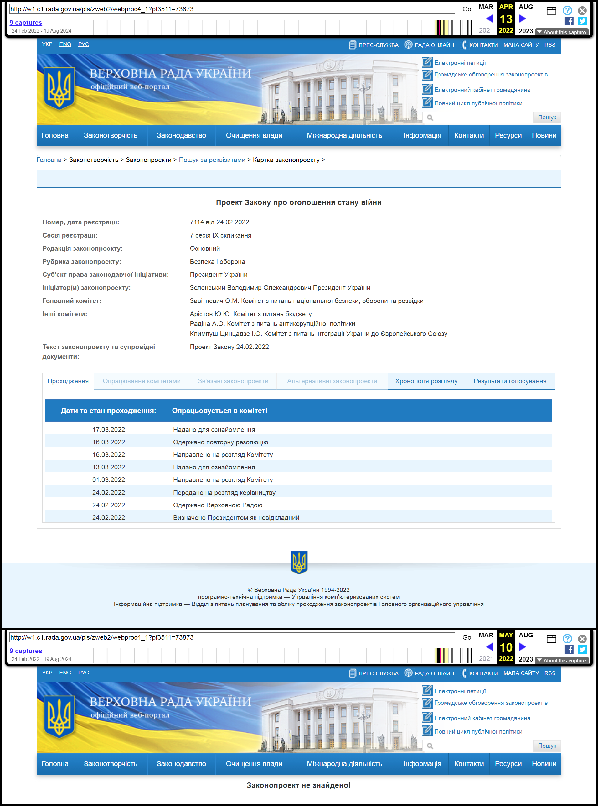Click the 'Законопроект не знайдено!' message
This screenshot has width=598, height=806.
[x=298, y=785]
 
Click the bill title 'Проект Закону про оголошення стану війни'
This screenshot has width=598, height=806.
[x=299, y=202]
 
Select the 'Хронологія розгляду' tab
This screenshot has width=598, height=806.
[x=426, y=381]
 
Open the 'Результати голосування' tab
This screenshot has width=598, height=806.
[x=509, y=381]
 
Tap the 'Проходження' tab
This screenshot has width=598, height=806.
[x=68, y=381]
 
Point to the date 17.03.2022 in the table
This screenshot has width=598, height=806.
[x=109, y=430]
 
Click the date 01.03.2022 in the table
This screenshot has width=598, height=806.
[x=109, y=479]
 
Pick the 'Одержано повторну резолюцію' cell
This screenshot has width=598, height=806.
[x=220, y=442]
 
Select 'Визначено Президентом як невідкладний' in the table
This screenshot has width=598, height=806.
[x=236, y=518]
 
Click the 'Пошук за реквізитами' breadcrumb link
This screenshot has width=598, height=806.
[x=212, y=160]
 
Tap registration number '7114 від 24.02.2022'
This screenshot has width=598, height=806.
[x=219, y=222]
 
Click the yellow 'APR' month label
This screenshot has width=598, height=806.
[x=506, y=7]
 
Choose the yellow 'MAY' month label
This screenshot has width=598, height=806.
[x=506, y=635]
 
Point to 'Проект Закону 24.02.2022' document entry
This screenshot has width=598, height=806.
[x=229, y=347]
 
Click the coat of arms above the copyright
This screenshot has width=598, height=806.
[x=299, y=562]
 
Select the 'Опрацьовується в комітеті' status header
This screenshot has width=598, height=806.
[x=219, y=411]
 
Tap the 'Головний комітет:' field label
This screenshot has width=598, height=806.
[x=72, y=301]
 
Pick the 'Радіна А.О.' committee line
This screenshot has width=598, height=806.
[x=272, y=323]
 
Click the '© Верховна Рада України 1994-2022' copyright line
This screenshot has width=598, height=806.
[x=299, y=590]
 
